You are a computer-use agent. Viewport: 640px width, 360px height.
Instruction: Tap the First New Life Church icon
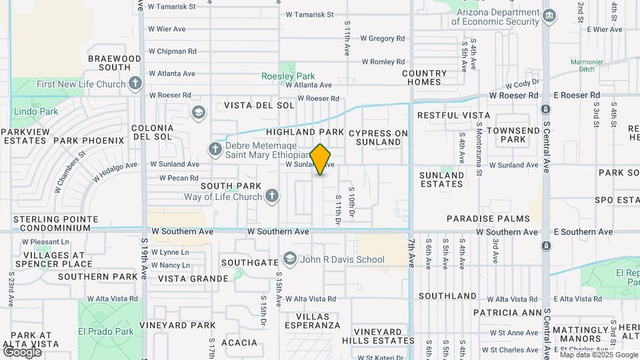(135, 84)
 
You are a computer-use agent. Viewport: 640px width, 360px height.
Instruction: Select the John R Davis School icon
(289, 259)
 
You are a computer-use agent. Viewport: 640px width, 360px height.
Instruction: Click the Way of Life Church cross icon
(271, 196)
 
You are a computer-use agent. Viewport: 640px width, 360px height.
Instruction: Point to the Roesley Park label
(287, 76)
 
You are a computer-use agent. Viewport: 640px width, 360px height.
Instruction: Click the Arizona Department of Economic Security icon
(549, 16)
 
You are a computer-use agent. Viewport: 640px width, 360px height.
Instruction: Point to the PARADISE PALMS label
(488, 219)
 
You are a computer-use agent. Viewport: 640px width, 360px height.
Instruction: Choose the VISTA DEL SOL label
(259, 105)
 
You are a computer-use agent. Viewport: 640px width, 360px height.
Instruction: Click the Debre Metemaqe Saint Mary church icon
(215, 149)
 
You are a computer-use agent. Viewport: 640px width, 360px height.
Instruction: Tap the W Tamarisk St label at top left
(171, 7)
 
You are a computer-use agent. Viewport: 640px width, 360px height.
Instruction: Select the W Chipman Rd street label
(172, 51)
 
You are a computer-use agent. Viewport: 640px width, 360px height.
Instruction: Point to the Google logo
(22, 351)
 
